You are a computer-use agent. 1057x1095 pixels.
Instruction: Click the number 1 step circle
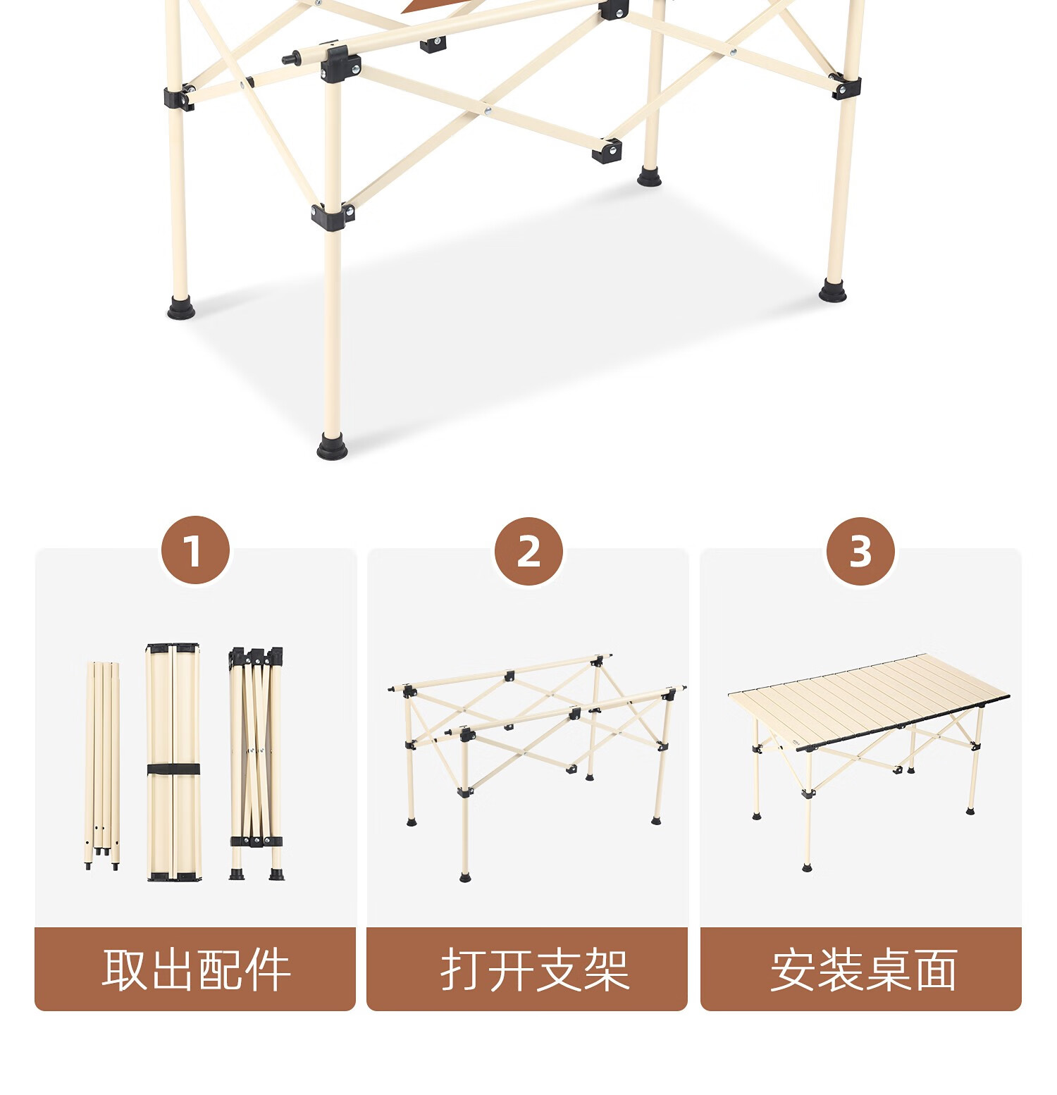coord(195,550)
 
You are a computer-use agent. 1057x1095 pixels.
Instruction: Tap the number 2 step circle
coord(528,551)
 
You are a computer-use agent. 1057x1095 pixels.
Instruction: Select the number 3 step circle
coord(860,551)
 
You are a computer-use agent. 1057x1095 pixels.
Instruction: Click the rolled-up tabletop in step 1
coord(173,762)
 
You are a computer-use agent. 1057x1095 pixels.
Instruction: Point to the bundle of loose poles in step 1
coord(103,766)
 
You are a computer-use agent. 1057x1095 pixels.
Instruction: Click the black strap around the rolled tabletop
coord(173,769)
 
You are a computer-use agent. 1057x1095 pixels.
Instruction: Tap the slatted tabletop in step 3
coord(869,700)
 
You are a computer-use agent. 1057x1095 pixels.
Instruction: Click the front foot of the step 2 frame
coord(465,877)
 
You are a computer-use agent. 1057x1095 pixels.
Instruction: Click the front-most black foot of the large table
coord(332,447)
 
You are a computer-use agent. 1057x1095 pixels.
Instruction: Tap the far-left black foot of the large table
coord(180,308)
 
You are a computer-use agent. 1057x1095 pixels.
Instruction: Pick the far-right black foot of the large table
coord(834,290)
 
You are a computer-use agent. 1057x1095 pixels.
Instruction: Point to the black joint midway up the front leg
coord(333,215)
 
